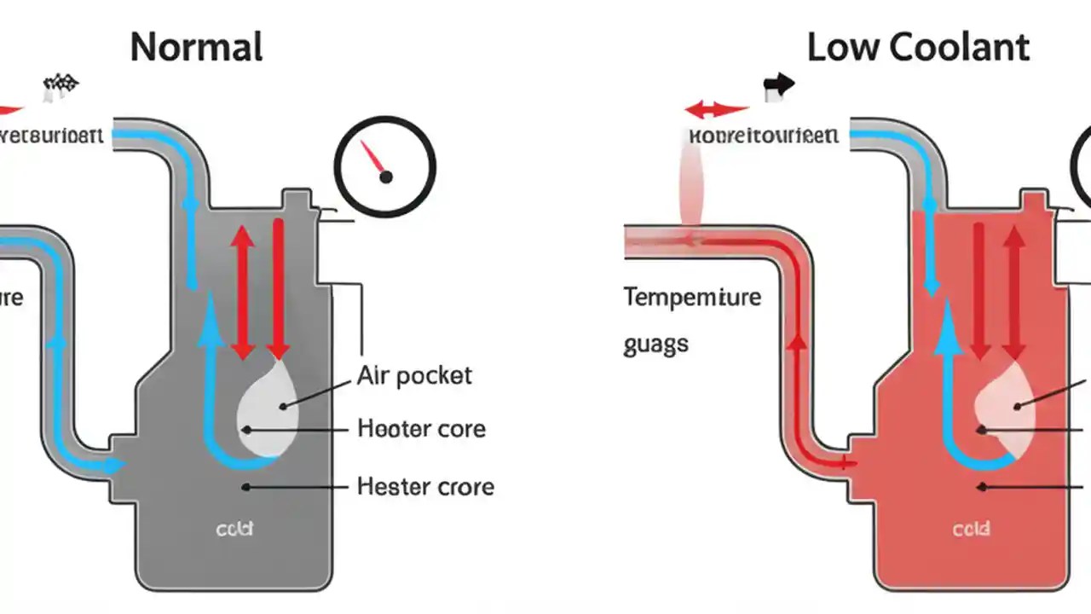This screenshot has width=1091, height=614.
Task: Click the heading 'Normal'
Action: (196, 47)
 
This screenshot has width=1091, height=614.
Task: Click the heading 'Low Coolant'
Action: (918, 47)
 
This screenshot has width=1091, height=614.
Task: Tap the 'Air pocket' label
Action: (414, 375)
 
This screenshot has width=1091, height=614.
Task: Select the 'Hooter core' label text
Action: (421, 428)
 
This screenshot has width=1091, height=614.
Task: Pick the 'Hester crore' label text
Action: (425, 487)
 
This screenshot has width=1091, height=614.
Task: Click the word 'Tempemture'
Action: (692, 298)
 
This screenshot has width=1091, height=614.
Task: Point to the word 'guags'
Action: (655, 345)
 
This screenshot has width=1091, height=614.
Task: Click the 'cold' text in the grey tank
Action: (234, 530)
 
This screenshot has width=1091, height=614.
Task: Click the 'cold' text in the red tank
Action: (971, 530)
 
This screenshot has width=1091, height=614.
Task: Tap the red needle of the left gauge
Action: (372, 156)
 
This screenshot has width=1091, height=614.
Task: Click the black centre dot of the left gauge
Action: (385, 177)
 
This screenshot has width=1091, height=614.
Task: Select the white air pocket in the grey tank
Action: (268, 405)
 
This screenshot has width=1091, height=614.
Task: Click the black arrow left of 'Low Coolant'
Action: (778, 84)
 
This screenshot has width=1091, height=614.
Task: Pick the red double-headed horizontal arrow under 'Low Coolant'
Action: (717, 110)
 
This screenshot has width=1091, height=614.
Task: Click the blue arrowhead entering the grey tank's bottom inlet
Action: (114, 466)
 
